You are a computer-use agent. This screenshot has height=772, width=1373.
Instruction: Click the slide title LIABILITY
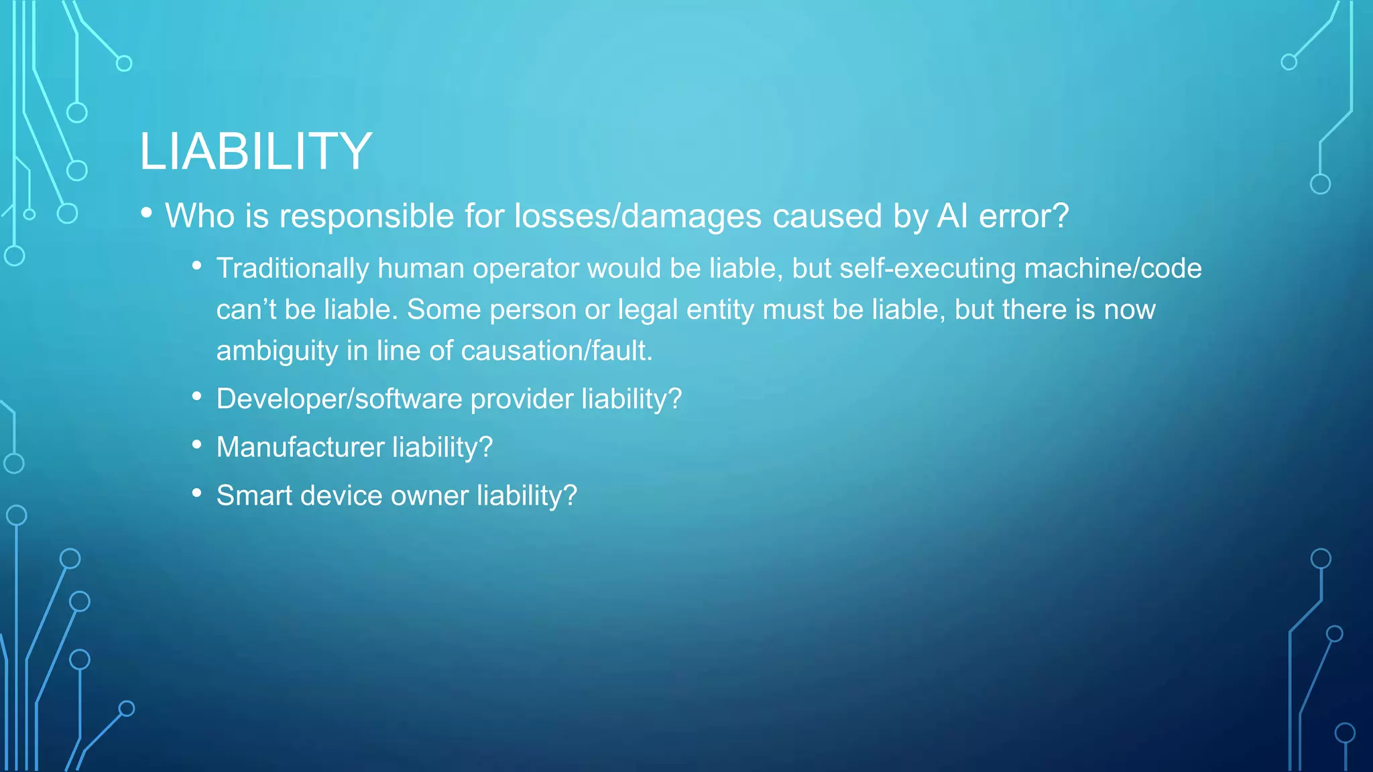point(255,151)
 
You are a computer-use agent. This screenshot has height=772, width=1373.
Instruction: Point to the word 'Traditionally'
point(292,269)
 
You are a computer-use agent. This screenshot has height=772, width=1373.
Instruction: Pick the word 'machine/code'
point(1113,269)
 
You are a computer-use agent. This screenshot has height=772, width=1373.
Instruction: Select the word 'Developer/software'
point(339,399)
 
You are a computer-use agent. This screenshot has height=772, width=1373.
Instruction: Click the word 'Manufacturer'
point(300,447)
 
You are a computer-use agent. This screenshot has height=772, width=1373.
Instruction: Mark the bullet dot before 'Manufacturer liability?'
point(196,445)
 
